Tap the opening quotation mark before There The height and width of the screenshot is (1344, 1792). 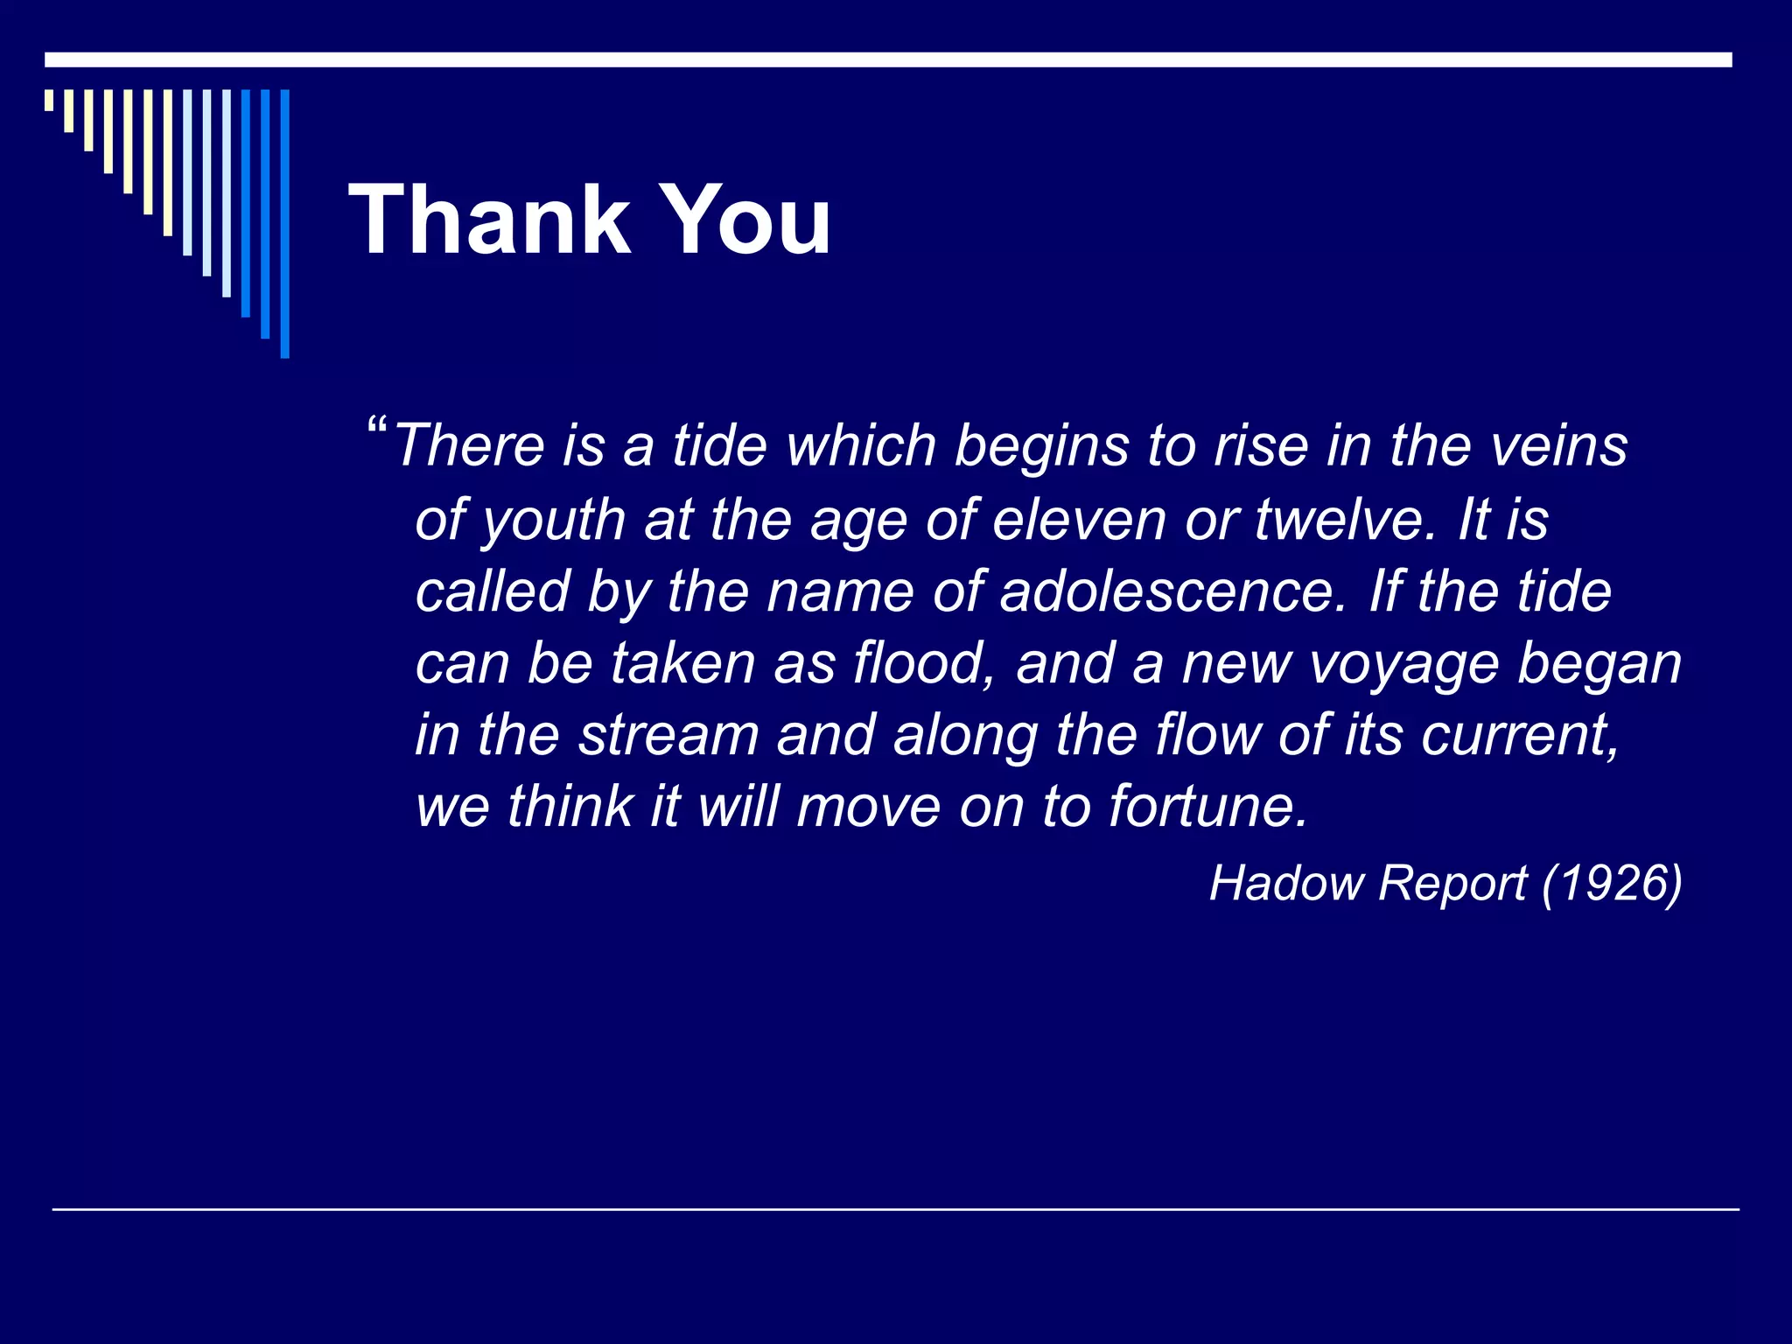click(x=377, y=429)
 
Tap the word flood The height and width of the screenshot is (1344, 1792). click(x=922, y=663)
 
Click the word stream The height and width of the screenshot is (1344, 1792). click(x=668, y=735)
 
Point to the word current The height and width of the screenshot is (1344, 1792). click(x=1520, y=735)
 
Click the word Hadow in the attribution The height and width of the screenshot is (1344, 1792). click(x=1283, y=883)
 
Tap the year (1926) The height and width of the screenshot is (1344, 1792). click(x=1612, y=883)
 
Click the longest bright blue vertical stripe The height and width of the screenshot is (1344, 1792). click(x=284, y=223)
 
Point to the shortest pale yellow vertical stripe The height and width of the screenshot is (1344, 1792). click(x=49, y=100)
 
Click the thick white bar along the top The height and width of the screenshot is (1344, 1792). click(x=887, y=59)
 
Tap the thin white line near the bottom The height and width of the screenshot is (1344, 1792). click(x=896, y=1209)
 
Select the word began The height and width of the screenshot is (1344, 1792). click(x=1599, y=665)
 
